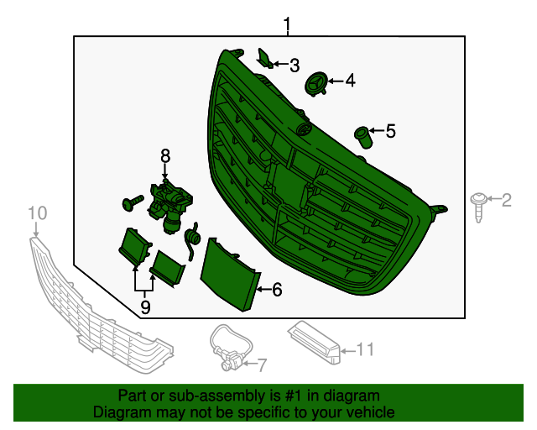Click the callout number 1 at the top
[x=287, y=25]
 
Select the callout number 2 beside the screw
[x=506, y=200]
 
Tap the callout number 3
[x=294, y=65]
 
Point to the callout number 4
[x=350, y=81]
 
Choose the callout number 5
[x=390, y=131]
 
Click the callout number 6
[x=277, y=290]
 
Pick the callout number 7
[x=261, y=365]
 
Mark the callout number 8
[x=165, y=155]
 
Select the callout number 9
[x=145, y=308]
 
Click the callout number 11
[x=364, y=349]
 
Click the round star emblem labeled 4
[x=316, y=83]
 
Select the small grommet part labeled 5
[x=362, y=135]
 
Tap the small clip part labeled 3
[x=263, y=58]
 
